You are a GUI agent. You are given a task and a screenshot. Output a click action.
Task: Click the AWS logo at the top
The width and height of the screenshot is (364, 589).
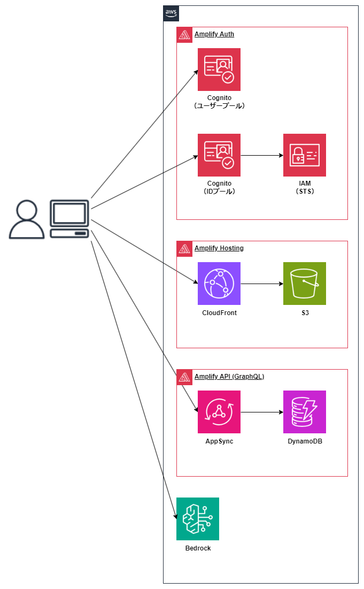coord(171,13)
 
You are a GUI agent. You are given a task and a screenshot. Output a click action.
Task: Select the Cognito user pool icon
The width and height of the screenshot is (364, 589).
coord(219,70)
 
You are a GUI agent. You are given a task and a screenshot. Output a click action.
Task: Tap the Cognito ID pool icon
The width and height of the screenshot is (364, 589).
coord(219,155)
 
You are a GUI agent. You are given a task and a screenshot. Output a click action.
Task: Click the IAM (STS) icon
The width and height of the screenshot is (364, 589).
coord(305,155)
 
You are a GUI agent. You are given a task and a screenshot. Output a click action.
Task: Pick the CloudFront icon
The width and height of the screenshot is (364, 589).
coord(219,284)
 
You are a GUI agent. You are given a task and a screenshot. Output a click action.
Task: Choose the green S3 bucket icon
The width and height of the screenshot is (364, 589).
coord(305,284)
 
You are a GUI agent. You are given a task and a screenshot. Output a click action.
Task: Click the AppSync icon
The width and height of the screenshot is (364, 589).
coord(219,412)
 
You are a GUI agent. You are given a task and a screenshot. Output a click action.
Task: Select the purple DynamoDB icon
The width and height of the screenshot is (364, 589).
coord(305,412)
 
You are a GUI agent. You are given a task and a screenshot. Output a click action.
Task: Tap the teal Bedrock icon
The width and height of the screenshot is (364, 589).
coord(198,519)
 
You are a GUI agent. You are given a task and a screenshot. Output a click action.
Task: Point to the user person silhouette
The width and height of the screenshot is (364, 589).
coord(27,219)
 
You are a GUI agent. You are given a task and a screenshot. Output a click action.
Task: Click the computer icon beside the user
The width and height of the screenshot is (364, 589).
coord(69,219)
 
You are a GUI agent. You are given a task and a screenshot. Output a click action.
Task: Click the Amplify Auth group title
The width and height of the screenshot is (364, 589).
coord(214,34)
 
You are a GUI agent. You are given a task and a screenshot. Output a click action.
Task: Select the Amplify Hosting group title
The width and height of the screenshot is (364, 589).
coord(219,248)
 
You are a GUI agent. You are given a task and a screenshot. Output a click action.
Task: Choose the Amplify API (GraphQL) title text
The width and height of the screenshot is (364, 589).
coord(229,377)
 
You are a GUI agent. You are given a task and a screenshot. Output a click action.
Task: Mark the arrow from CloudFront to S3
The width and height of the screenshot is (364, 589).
coord(262,284)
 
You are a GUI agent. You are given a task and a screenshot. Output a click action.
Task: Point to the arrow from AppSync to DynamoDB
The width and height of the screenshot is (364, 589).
coord(262,412)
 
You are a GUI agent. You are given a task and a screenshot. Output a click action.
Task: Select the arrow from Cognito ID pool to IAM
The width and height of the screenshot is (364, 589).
coord(262,155)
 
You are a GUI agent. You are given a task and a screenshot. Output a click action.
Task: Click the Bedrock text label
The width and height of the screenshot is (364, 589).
coord(198,548)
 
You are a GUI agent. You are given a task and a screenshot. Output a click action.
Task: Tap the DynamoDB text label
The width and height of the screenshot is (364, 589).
coord(305,441)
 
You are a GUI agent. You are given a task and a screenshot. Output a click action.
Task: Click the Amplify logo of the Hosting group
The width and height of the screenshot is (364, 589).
coord(184,249)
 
